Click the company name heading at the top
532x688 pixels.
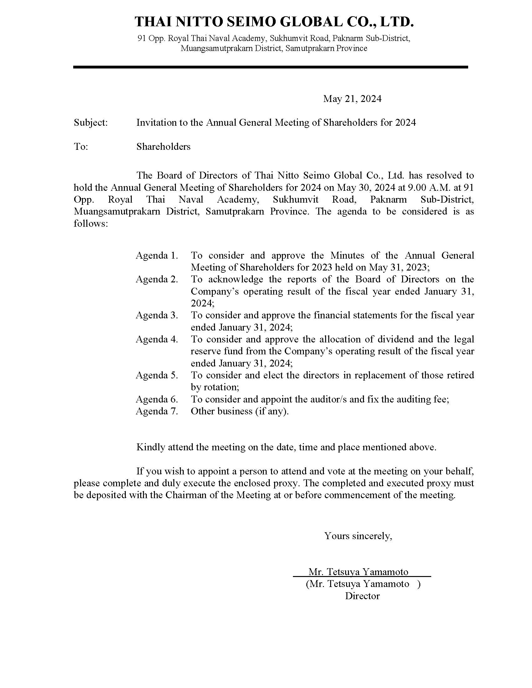274,22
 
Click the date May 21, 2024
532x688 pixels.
352,99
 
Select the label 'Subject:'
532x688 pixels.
91,123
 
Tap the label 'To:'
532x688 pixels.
81,146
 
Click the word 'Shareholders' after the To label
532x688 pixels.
163,146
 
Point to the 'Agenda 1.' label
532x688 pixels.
157,255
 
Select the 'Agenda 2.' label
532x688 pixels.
157,279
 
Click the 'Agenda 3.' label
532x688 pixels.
157,315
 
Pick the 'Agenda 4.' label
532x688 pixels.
157,339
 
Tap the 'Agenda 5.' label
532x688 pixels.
157,375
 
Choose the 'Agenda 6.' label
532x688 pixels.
157,399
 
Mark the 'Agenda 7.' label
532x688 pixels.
157,411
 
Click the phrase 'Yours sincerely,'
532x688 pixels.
358,535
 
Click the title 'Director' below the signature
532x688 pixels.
362,596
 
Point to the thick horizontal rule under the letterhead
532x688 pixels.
270,67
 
